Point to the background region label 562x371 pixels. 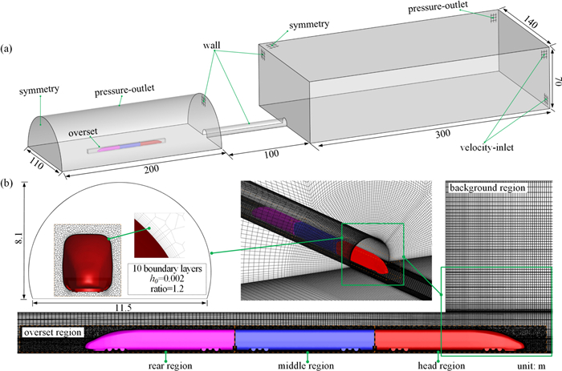pyautogui.click(x=487, y=188)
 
